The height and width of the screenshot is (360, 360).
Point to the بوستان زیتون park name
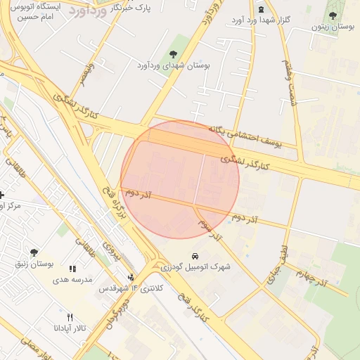[x=333, y=27]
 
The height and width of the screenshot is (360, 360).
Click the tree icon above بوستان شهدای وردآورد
[x=174, y=54]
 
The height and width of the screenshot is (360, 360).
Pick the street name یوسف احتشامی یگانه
[x=245, y=136]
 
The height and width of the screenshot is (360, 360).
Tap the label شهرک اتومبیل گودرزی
[x=195, y=267]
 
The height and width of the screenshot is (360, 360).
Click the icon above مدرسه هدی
[x=72, y=268]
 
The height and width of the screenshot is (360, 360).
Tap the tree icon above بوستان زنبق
[x=34, y=252]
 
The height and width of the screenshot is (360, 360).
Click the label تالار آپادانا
[x=70, y=328]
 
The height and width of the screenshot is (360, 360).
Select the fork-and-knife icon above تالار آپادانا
[x=70, y=316]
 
